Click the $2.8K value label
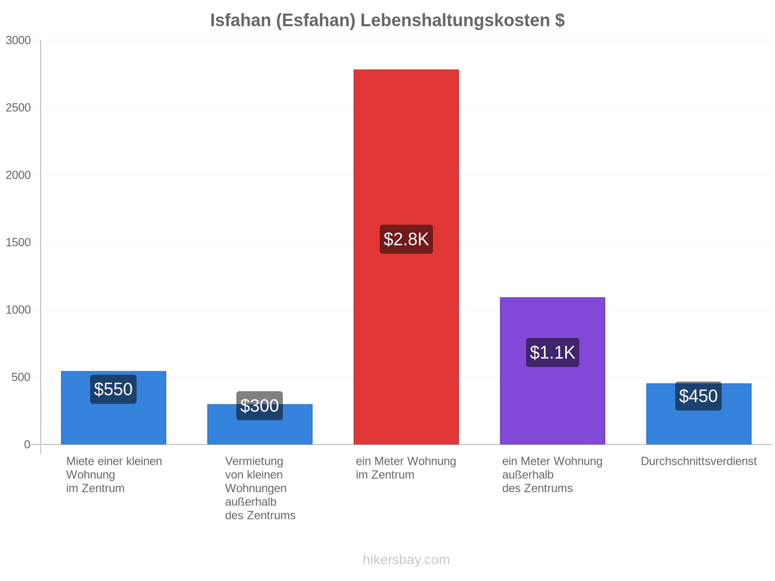click(x=406, y=239)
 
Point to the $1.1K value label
click(x=552, y=352)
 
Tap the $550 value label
click(x=113, y=389)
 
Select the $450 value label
click(x=698, y=396)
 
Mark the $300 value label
click(x=260, y=406)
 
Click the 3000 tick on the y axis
click(x=18, y=40)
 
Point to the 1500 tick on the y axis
click(x=18, y=243)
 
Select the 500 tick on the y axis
click(x=21, y=377)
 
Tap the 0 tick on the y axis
click(x=27, y=444)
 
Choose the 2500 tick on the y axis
click(x=18, y=107)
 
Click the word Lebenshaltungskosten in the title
click(x=455, y=20)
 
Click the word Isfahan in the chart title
click(x=241, y=20)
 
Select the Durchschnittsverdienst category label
click(x=699, y=461)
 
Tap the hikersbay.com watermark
click(x=406, y=560)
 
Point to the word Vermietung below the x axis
click(x=254, y=461)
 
